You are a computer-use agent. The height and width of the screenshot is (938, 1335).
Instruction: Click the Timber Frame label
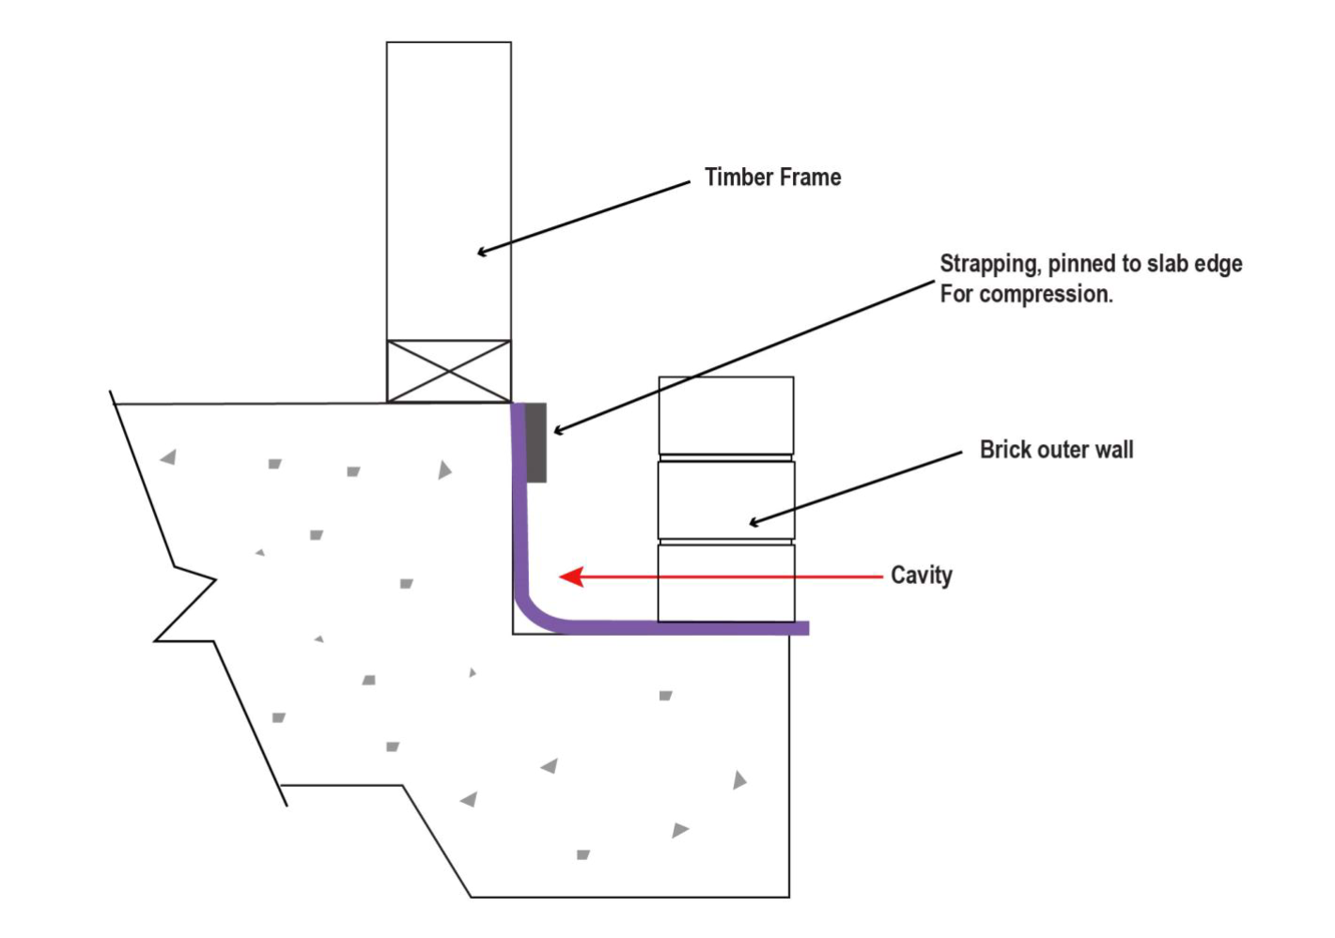[772, 177]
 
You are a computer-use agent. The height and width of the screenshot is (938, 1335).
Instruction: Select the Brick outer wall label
[1056, 450]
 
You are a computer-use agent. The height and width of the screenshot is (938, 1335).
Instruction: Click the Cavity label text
[921, 575]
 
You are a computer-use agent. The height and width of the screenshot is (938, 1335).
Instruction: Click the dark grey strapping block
[536, 442]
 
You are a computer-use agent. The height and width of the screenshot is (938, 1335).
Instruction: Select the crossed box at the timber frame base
[449, 372]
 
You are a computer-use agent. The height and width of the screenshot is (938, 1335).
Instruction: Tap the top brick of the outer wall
[726, 415]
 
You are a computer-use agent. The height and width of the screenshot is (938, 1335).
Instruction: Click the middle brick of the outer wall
[726, 500]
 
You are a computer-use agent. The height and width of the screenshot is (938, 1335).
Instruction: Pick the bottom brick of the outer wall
[726, 582]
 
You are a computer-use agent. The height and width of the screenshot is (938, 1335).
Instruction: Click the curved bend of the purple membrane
[533, 610]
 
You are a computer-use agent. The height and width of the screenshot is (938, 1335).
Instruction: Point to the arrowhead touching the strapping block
[558, 431]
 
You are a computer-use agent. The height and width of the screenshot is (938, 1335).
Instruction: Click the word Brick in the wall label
[1006, 450]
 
